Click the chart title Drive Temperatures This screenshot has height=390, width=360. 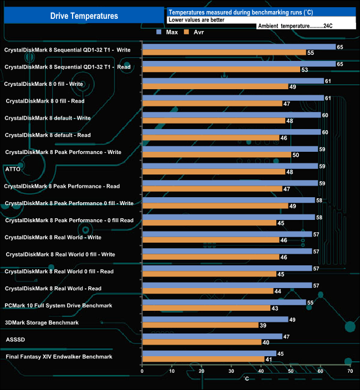[x=84, y=16]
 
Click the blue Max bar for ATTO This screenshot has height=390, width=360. [x=230, y=166]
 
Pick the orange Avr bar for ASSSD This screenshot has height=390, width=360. [x=202, y=342]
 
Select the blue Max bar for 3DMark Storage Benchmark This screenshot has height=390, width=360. [x=215, y=319]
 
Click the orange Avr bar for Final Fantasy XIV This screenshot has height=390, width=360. [x=203, y=360]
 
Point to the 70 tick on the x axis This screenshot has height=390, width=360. [x=349, y=372]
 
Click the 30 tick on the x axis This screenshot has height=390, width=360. [x=231, y=372]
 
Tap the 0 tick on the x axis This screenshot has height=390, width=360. [x=142, y=372]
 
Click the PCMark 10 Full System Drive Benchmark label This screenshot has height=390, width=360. [x=58, y=305]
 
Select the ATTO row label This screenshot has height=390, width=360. [x=12, y=169]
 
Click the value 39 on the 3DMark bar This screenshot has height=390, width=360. [x=263, y=326]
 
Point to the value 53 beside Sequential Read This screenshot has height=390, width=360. [x=304, y=70]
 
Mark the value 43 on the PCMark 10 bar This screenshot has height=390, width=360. [x=274, y=309]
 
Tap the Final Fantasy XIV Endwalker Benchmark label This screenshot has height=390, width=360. [x=59, y=357]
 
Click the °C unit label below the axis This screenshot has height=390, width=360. [x=246, y=378]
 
